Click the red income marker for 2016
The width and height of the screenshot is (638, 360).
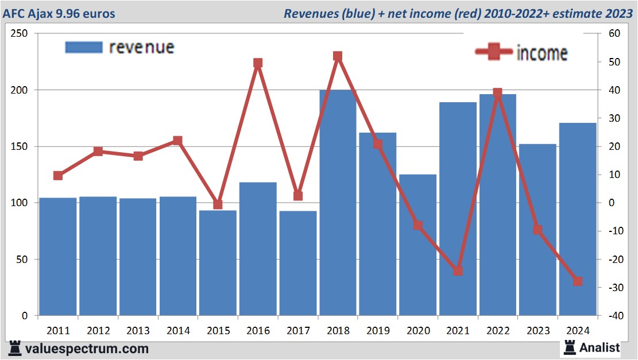[258, 63]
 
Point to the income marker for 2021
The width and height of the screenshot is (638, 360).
[458, 271]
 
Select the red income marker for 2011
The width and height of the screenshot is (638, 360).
[58, 176]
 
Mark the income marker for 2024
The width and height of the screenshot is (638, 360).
[578, 281]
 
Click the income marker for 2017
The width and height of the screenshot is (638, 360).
[297, 196]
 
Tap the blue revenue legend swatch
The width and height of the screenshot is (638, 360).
[84, 47]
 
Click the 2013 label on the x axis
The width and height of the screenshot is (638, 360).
[138, 331]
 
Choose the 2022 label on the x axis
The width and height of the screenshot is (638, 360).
[498, 331]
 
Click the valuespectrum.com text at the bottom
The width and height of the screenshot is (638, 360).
[86, 349]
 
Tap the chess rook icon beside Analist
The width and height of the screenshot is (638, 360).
[570, 347]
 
